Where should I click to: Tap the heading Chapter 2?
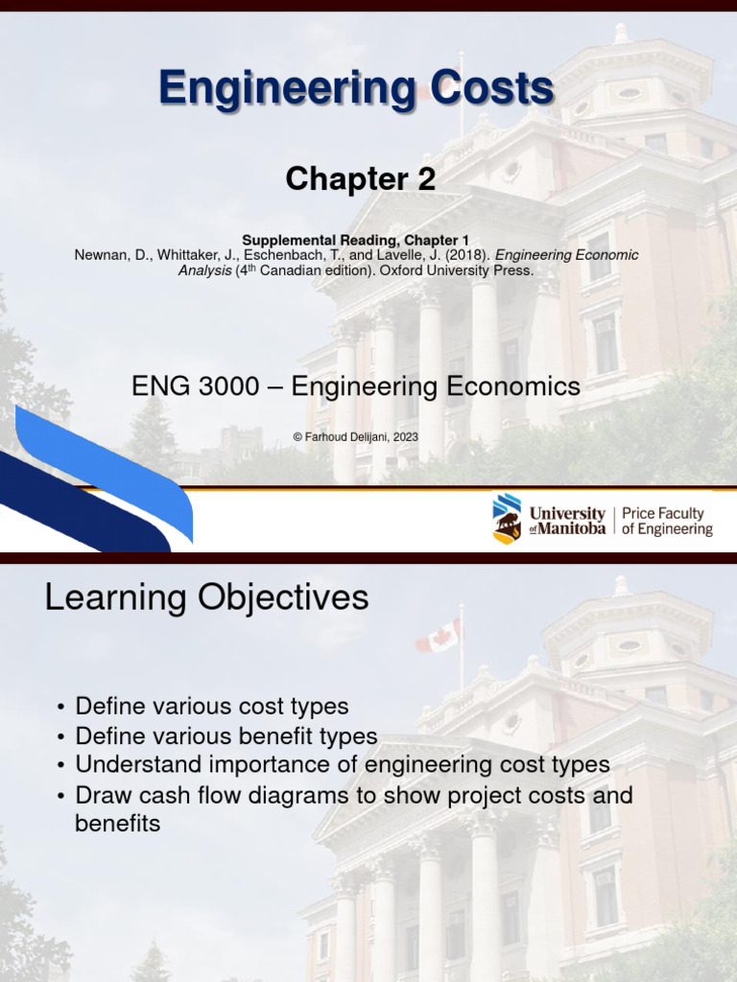pyautogui.click(x=361, y=179)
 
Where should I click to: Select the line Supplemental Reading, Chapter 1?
pyautogui.click(x=356, y=240)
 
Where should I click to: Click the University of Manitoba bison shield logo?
pyautogui.click(x=507, y=519)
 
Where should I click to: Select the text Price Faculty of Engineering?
pyautogui.click(x=667, y=522)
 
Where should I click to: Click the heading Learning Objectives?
pyautogui.click(x=206, y=598)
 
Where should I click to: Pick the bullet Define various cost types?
pyautogui.click(x=211, y=707)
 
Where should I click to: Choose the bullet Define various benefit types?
pyautogui.click(x=226, y=736)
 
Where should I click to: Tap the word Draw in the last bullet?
pyautogui.click(x=100, y=795)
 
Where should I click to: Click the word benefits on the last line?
pyautogui.click(x=117, y=824)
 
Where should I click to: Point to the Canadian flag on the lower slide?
pyautogui.click(x=440, y=636)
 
